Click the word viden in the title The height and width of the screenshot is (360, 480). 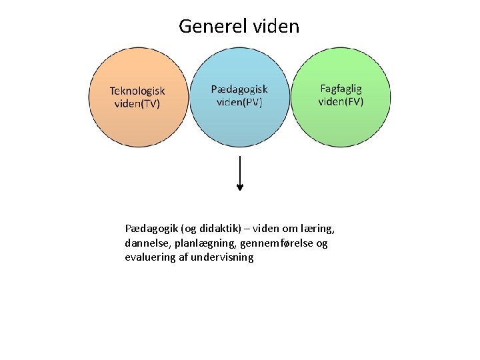click(x=277, y=27)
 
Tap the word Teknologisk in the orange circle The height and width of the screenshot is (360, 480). click(x=137, y=91)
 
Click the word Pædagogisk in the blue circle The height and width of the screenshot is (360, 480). click(x=239, y=89)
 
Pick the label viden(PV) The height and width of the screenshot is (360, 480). click(x=239, y=102)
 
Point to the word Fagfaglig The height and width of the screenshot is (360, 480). click(x=341, y=88)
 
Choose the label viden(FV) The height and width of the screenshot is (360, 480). click(x=341, y=101)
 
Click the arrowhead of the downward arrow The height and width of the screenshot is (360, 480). click(x=240, y=187)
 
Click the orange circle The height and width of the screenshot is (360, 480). click(x=138, y=127)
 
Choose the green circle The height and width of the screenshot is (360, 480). click(x=341, y=127)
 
